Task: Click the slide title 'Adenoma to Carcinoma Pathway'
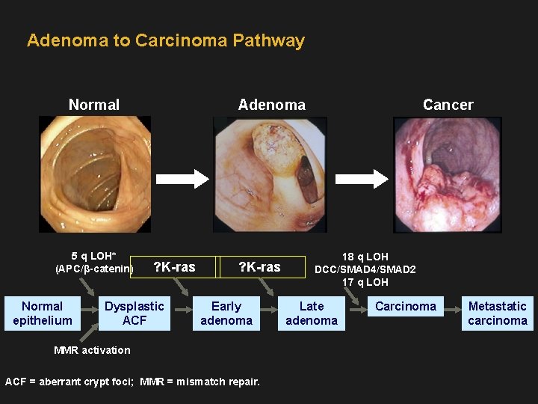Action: pos(166,40)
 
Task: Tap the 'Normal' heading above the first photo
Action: pos(94,105)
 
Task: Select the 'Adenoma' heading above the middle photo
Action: pos(271,105)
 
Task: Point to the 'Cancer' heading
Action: pos(448,105)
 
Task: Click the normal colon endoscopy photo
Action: pos(94,174)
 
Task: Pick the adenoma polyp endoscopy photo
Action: pos(270,174)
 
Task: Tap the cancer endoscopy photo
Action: pos(448,174)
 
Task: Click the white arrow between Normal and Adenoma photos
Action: pos(182,178)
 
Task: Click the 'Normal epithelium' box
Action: pos(43,313)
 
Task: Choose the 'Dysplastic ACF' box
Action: pos(134,313)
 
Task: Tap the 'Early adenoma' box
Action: pos(226,313)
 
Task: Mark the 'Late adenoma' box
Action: pos(312,313)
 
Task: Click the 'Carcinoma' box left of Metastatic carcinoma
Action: pos(405,307)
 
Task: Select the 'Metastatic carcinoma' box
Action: pos(498,313)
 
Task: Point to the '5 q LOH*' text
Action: pos(93,256)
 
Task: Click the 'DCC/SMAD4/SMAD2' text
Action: pos(365,269)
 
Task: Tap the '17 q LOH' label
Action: pos(365,282)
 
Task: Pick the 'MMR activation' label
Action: pos(93,350)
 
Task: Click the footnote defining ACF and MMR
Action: pos(133,382)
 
